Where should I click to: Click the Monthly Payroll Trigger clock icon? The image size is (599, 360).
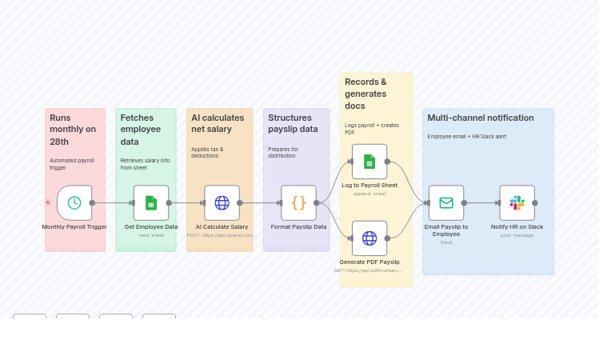point(74,202)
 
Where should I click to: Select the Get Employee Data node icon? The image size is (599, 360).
point(151,202)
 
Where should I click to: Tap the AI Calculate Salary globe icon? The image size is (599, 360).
point(222,202)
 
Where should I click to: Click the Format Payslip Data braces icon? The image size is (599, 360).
point(298,202)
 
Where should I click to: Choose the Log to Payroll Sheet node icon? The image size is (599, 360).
point(369,162)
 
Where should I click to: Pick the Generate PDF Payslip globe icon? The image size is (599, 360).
point(369,238)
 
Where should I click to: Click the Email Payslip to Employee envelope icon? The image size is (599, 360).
point(446,202)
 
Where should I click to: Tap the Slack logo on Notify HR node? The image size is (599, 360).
point(517,202)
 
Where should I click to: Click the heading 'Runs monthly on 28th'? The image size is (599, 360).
point(72,130)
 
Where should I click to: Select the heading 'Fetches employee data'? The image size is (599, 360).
point(141,130)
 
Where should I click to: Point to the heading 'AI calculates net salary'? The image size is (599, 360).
point(218,123)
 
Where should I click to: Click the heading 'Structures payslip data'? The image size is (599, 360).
point(293,123)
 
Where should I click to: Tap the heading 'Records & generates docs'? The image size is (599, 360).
point(365,94)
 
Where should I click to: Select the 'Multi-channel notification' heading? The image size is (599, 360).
point(481,118)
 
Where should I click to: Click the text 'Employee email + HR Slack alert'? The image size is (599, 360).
point(466,137)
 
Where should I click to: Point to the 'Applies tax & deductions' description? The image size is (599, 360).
point(207,153)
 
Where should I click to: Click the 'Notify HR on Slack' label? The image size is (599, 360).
point(517,227)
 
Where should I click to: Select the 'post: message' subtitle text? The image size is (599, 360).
point(517,235)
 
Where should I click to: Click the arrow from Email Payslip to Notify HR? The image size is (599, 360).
point(481,202)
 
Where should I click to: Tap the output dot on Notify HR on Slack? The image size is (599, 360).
point(535,202)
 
